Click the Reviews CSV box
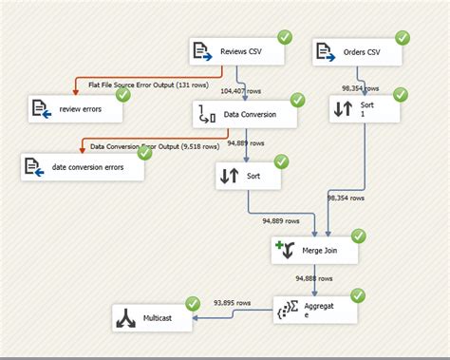236,51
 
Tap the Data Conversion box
246,115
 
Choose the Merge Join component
314,251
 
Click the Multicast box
152,318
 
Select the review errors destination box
76,108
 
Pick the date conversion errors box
83,167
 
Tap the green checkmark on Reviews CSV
284,37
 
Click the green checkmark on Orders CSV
403,38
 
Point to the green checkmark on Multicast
193,304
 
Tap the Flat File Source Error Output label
152,84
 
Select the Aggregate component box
313,310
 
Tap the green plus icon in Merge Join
281,246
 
